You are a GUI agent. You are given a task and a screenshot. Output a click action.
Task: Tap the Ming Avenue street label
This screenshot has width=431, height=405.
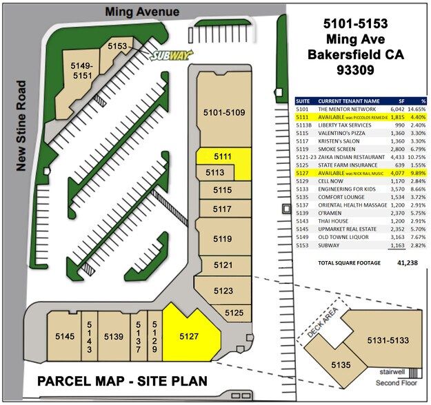pos(142,12)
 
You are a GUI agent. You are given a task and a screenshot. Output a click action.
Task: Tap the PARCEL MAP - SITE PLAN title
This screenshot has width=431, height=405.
pos(121,381)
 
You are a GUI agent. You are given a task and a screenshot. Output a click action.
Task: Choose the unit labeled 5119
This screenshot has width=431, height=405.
pos(221,239)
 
